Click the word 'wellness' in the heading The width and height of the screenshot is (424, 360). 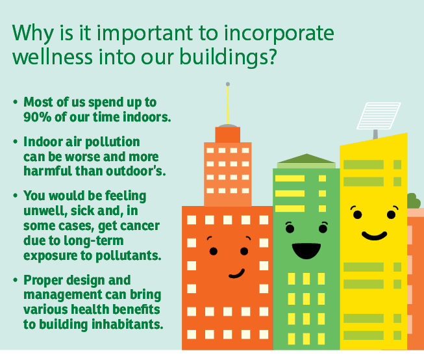(x=53, y=57)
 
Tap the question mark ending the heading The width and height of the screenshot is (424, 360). (x=271, y=56)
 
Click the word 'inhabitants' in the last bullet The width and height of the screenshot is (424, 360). (x=127, y=324)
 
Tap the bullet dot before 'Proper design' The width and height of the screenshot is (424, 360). (x=16, y=280)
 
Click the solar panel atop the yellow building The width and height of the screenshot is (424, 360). (x=379, y=116)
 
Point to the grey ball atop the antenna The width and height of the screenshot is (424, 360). (x=228, y=84)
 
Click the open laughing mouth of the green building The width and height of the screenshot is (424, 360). (x=306, y=251)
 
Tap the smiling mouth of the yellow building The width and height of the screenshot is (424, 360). (x=374, y=236)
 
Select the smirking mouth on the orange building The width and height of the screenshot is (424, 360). (x=237, y=274)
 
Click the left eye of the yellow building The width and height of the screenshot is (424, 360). (x=357, y=214)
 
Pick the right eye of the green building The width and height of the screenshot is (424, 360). (x=323, y=229)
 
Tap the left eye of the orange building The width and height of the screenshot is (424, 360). (x=214, y=251)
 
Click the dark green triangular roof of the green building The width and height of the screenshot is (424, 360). (x=306, y=159)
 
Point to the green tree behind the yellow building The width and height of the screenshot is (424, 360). (x=413, y=201)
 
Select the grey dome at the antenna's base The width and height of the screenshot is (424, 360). (x=228, y=125)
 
